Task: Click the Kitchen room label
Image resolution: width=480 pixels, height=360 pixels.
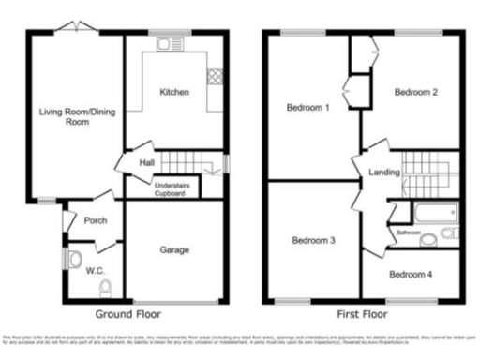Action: (174, 93)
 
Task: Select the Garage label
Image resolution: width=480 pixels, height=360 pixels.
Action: (174, 250)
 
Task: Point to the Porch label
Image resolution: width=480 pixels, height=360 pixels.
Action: (95, 222)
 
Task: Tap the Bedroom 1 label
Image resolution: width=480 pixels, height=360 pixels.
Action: (308, 108)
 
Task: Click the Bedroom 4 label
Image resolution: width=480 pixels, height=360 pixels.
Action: (412, 275)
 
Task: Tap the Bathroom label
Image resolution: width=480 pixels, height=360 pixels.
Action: (408, 232)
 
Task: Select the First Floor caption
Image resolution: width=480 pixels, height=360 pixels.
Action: (361, 314)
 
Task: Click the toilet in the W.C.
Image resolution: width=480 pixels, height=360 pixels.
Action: (105, 287)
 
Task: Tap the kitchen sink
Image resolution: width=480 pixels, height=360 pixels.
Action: (172, 43)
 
